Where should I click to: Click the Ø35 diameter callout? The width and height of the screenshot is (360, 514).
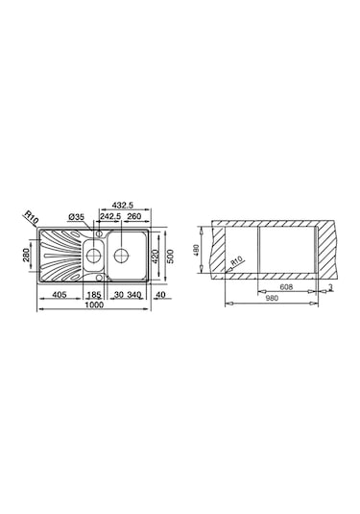point(78,217)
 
